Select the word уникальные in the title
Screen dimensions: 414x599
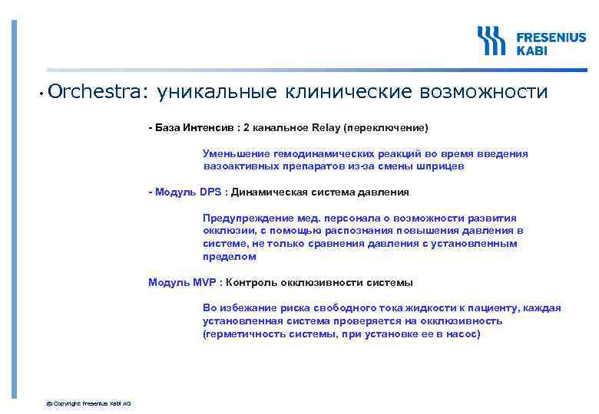[x=216, y=93]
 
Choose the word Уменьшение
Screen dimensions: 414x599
[x=237, y=153]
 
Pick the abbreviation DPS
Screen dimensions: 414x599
[x=210, y=192]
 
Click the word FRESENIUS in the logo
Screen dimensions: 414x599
[x=550, y=37]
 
